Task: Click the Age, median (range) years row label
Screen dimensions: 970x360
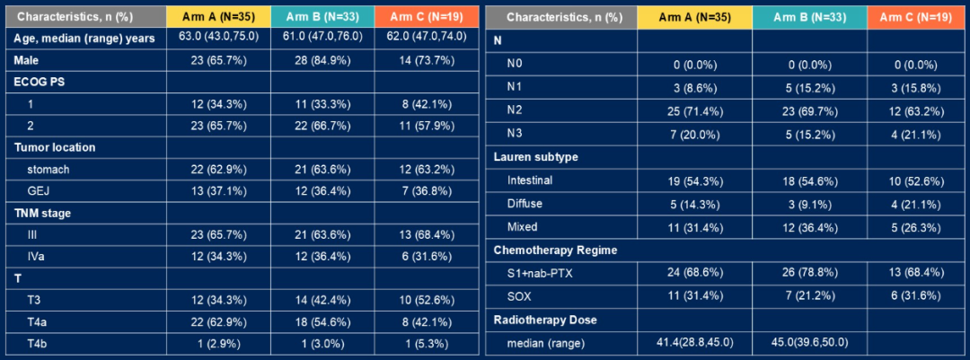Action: [x=84, y=39]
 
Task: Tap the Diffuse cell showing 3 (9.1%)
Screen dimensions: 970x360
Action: [x=809, y=203]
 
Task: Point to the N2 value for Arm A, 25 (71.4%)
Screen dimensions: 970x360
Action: [x=694, y=110]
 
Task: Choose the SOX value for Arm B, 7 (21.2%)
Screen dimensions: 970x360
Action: [x=810, y=296]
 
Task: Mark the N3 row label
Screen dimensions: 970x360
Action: [x=514, y=135]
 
